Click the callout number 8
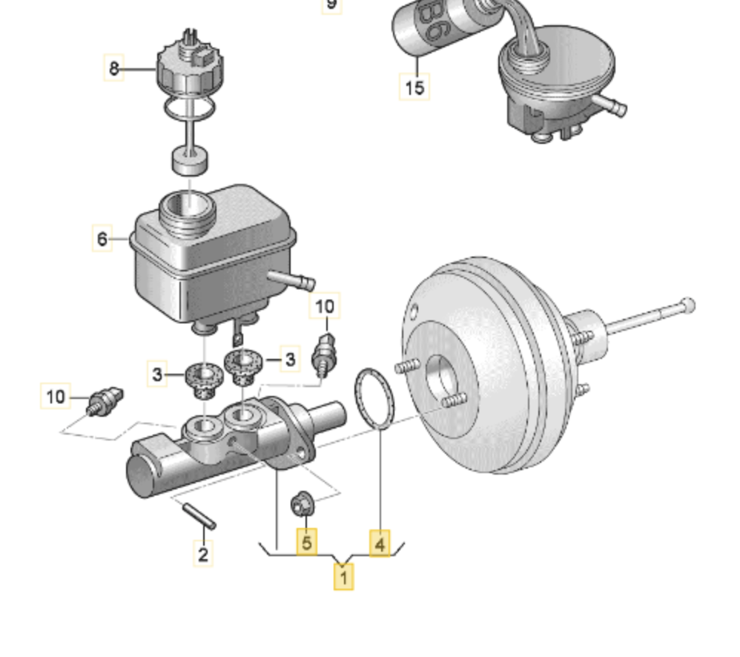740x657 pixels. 113,69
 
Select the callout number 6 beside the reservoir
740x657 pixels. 102,240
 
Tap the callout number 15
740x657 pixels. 415,87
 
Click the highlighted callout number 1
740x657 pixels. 343,575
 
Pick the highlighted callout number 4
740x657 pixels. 380,545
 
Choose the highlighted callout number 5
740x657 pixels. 306,544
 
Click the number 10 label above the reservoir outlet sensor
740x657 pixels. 325,306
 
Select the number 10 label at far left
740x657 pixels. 56,397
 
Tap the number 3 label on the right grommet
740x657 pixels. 290,360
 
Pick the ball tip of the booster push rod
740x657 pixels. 688,304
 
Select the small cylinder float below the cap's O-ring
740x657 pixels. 189,159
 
